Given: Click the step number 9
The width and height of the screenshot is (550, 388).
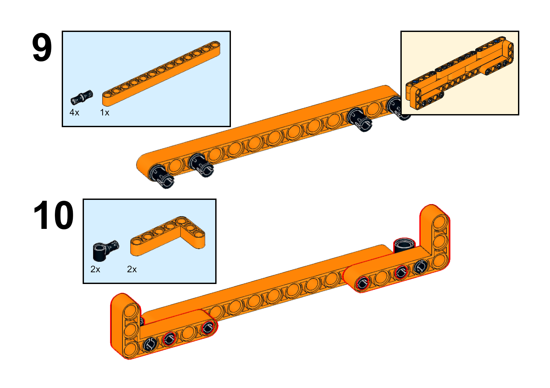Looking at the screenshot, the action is coord(42,47).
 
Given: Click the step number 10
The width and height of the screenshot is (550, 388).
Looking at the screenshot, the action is coord(54,215).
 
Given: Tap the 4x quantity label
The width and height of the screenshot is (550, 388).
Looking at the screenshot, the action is coord(74,112).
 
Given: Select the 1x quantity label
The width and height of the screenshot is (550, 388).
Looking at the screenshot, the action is coord(105,112).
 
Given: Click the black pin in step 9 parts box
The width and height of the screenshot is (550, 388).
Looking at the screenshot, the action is coord(82,97).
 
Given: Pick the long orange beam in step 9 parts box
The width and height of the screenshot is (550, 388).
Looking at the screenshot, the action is coord(161,74).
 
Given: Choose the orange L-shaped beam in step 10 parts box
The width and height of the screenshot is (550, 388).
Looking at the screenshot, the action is coord(168,236).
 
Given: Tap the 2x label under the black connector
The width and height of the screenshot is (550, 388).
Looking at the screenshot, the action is coord(95,269).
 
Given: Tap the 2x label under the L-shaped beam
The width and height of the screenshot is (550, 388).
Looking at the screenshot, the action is coord(132,269).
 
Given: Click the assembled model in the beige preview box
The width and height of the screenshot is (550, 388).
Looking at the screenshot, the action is coord(460,73).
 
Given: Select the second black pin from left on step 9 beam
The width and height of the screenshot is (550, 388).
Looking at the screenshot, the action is coord(201,165).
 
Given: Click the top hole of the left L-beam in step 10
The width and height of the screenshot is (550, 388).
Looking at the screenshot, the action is coord(131,312).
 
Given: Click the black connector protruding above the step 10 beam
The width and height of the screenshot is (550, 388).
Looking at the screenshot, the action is coord(404,245).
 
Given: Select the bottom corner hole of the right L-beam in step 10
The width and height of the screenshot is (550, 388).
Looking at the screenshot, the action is coord(440,261).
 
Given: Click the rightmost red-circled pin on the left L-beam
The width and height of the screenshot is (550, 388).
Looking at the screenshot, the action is coord(208,328).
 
